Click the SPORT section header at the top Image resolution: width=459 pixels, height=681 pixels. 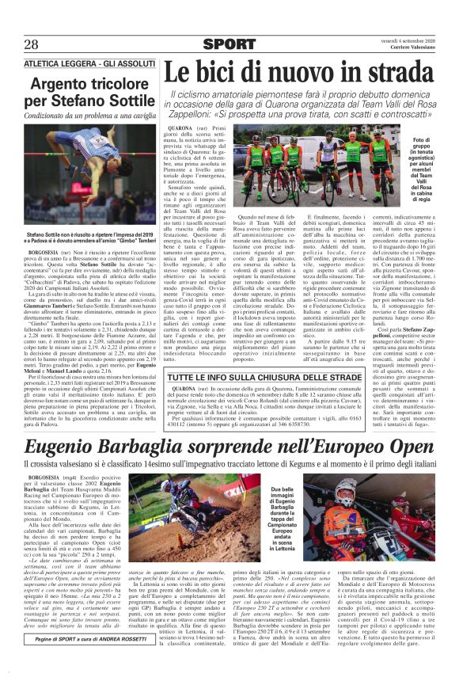coord(229,45)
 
